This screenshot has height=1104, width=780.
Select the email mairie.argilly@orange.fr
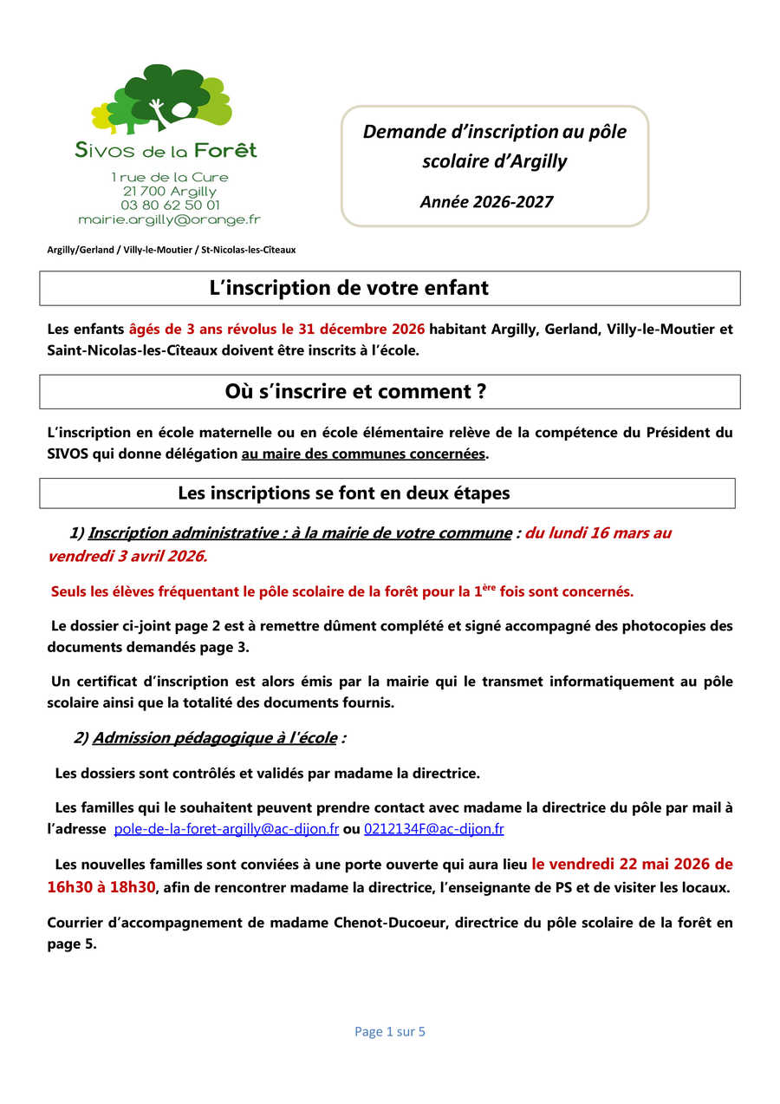point(169,220)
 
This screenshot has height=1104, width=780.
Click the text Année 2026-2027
point(486,202)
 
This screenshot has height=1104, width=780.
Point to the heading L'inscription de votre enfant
point(348,288)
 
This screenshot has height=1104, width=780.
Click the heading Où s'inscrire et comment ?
point(354,391)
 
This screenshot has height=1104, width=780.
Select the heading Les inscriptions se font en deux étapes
point(343,493)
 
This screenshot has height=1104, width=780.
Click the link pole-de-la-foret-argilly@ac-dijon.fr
point(226,829)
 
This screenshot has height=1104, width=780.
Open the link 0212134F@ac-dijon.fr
point(433,829)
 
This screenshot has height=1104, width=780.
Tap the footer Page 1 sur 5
point(389,1031)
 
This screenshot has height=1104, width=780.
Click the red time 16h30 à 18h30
point(101,887)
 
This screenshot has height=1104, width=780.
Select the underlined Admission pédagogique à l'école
point(214,738)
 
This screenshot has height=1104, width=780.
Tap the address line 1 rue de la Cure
point(170,177)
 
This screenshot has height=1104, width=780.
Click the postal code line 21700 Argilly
point(170,192)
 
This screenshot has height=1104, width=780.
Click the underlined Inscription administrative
point(183,533)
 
